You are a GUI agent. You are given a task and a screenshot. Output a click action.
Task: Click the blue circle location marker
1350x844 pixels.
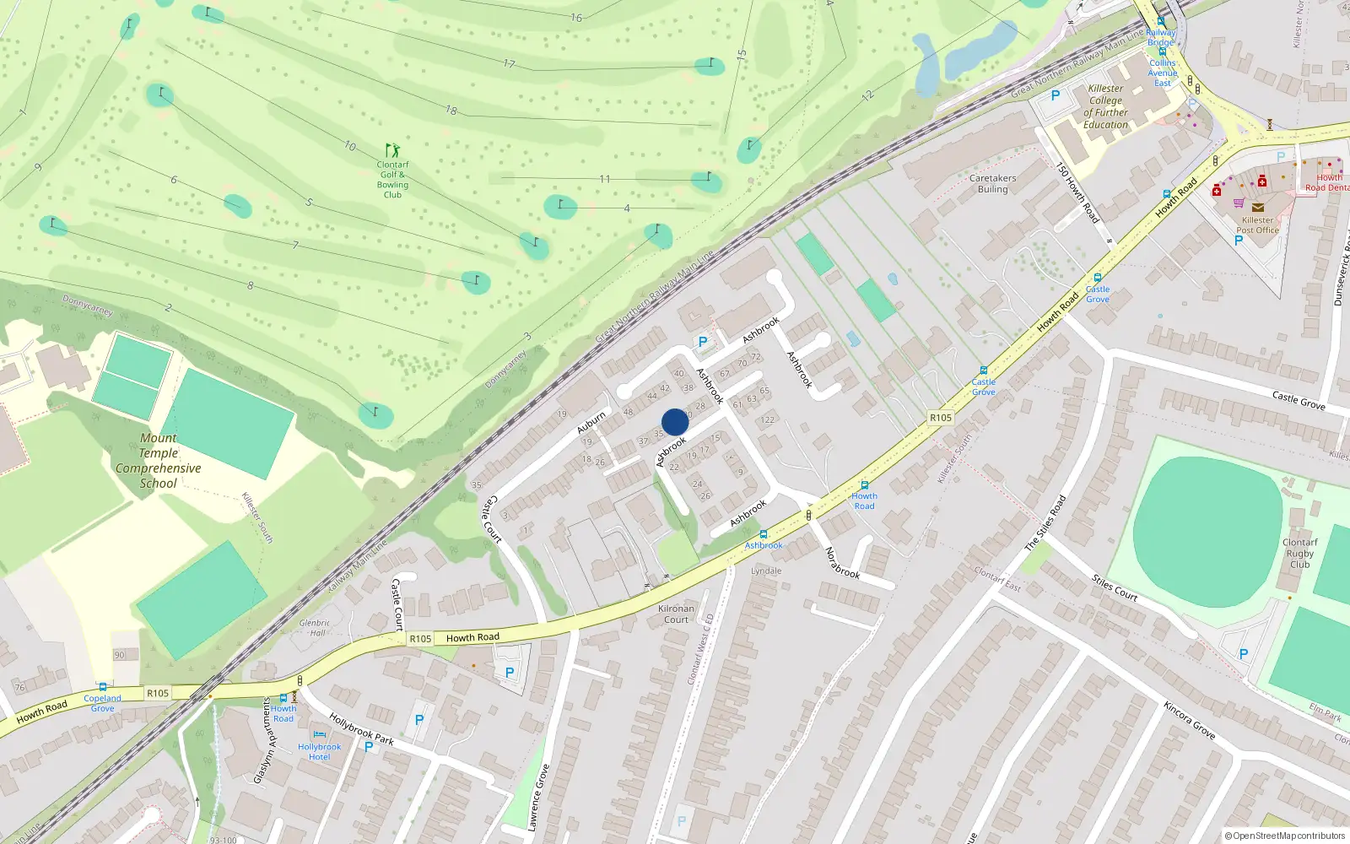coord(675,422)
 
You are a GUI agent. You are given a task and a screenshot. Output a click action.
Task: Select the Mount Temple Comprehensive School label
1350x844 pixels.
coord(159,461)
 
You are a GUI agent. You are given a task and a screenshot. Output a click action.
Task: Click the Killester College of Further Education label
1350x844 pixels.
coord(1105,106)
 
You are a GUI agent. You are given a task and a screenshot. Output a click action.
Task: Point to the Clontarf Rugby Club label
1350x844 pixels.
coord(1299,554)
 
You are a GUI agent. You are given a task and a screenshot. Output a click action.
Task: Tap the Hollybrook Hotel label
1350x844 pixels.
coord(319,751)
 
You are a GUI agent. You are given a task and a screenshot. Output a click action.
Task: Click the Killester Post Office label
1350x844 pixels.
coord(1257,225)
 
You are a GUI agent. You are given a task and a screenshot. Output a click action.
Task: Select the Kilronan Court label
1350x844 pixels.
coord(676,614)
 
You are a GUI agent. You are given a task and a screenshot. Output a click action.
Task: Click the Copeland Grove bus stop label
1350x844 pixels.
coord(102,703)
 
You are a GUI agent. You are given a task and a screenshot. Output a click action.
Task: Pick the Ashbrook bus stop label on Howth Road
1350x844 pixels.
coord(764,545)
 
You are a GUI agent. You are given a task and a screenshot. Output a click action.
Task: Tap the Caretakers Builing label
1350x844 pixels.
coord(992,184)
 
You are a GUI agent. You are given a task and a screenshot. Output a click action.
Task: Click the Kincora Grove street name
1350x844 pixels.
coord(1189,720)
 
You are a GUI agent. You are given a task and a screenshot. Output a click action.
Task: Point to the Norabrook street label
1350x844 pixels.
coord(842,563)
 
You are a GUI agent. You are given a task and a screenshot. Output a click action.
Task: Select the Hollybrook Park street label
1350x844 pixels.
coord(361,729)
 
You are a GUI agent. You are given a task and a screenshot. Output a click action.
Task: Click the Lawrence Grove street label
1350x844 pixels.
coord(538,798)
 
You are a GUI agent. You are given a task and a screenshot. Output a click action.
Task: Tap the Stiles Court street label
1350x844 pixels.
coord(1115,587)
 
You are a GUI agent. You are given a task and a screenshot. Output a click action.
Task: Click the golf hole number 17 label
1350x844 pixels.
coord(509,63)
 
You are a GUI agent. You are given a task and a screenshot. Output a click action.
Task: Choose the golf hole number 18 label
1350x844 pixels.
coord(451,110)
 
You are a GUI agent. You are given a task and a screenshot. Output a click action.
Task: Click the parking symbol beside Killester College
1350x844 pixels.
coord(1055,96)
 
